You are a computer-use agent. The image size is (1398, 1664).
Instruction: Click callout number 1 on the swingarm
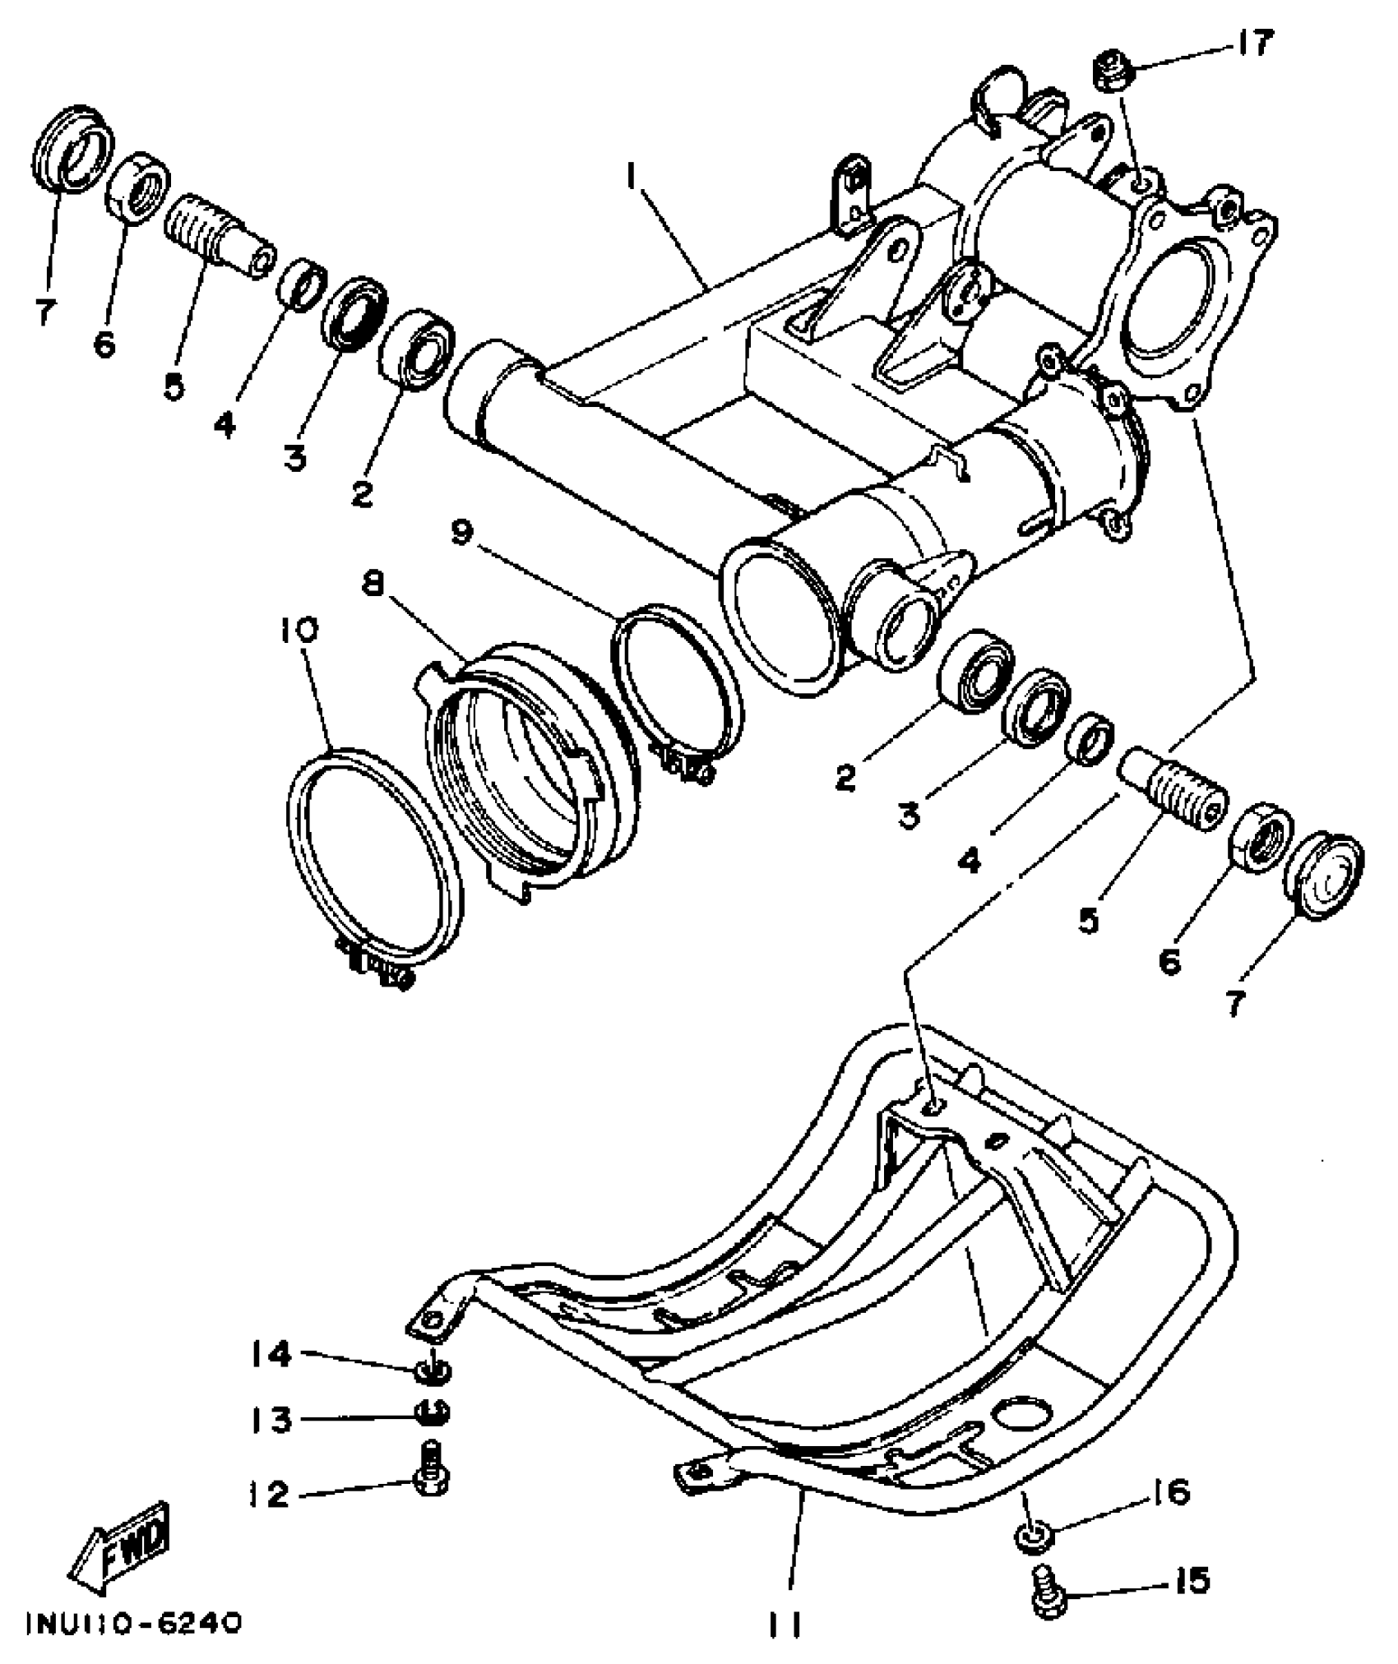coord(632,173)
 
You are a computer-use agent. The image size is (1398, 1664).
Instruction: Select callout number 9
coord(461,532)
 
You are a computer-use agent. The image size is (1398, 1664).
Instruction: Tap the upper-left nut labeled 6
coord(138,187)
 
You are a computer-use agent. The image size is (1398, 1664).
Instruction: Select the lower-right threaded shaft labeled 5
coord(1174,788)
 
